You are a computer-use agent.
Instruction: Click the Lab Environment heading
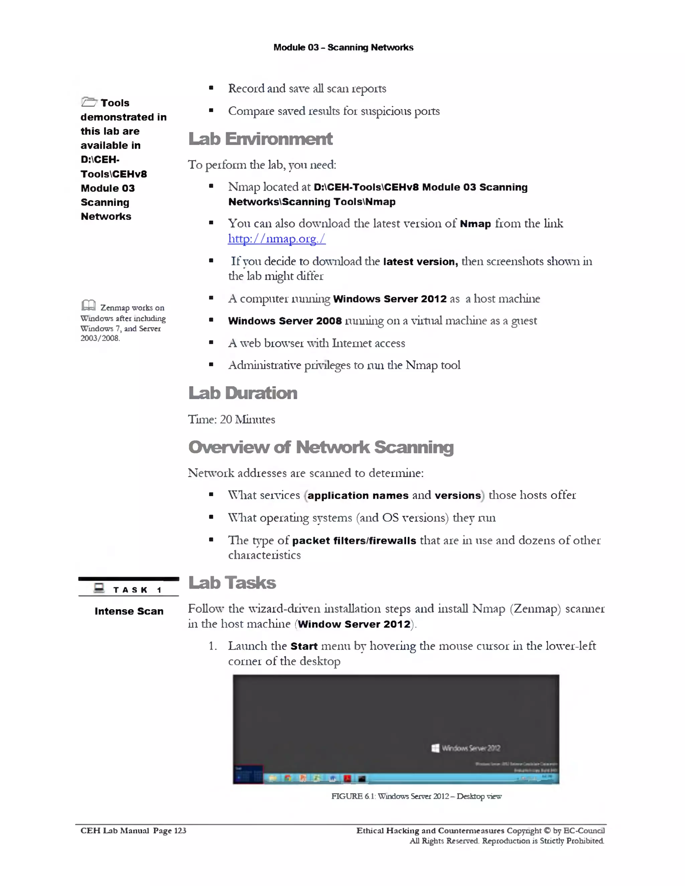click(x=260, y=139)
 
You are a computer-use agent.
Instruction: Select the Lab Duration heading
click(x=243, y=393)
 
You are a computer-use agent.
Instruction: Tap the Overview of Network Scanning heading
click(x=320, y=447)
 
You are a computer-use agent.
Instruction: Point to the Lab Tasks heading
click(x=232, y=583)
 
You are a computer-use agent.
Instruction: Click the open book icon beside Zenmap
click(x=88, y=305)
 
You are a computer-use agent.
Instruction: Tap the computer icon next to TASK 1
click(x=99, y=588)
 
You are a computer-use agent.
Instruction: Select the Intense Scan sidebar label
click(x=129, y=612)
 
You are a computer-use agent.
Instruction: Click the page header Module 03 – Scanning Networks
click(x=343, y=47)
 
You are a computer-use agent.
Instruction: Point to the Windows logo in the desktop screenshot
click(x=435, y=748)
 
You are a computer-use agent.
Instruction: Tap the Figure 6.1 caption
click(x=416, y=796)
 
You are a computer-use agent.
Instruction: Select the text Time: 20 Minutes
click(x=231, y=420)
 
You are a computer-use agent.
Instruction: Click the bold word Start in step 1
click(x=304, y=646)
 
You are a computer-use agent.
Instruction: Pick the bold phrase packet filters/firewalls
click(x=354, y=541)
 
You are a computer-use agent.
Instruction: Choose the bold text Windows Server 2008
click(x=285, y=321)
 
